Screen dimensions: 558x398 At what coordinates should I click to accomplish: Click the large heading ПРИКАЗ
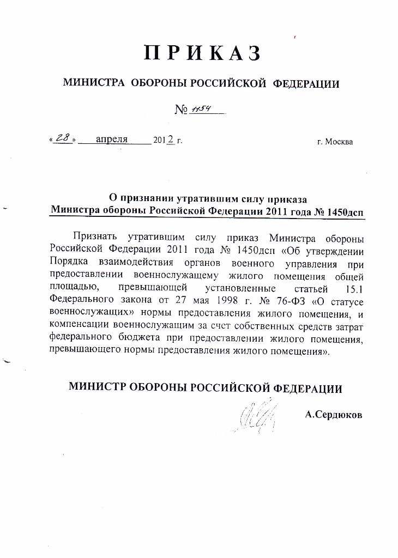pos(202,52)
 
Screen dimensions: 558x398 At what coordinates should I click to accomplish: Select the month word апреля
pos(112,139)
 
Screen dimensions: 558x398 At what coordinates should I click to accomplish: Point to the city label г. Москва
pos(335,142)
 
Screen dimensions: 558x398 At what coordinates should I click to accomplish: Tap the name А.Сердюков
pos(334,415)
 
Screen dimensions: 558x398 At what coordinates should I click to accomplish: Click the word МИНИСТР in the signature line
pos(98,388)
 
